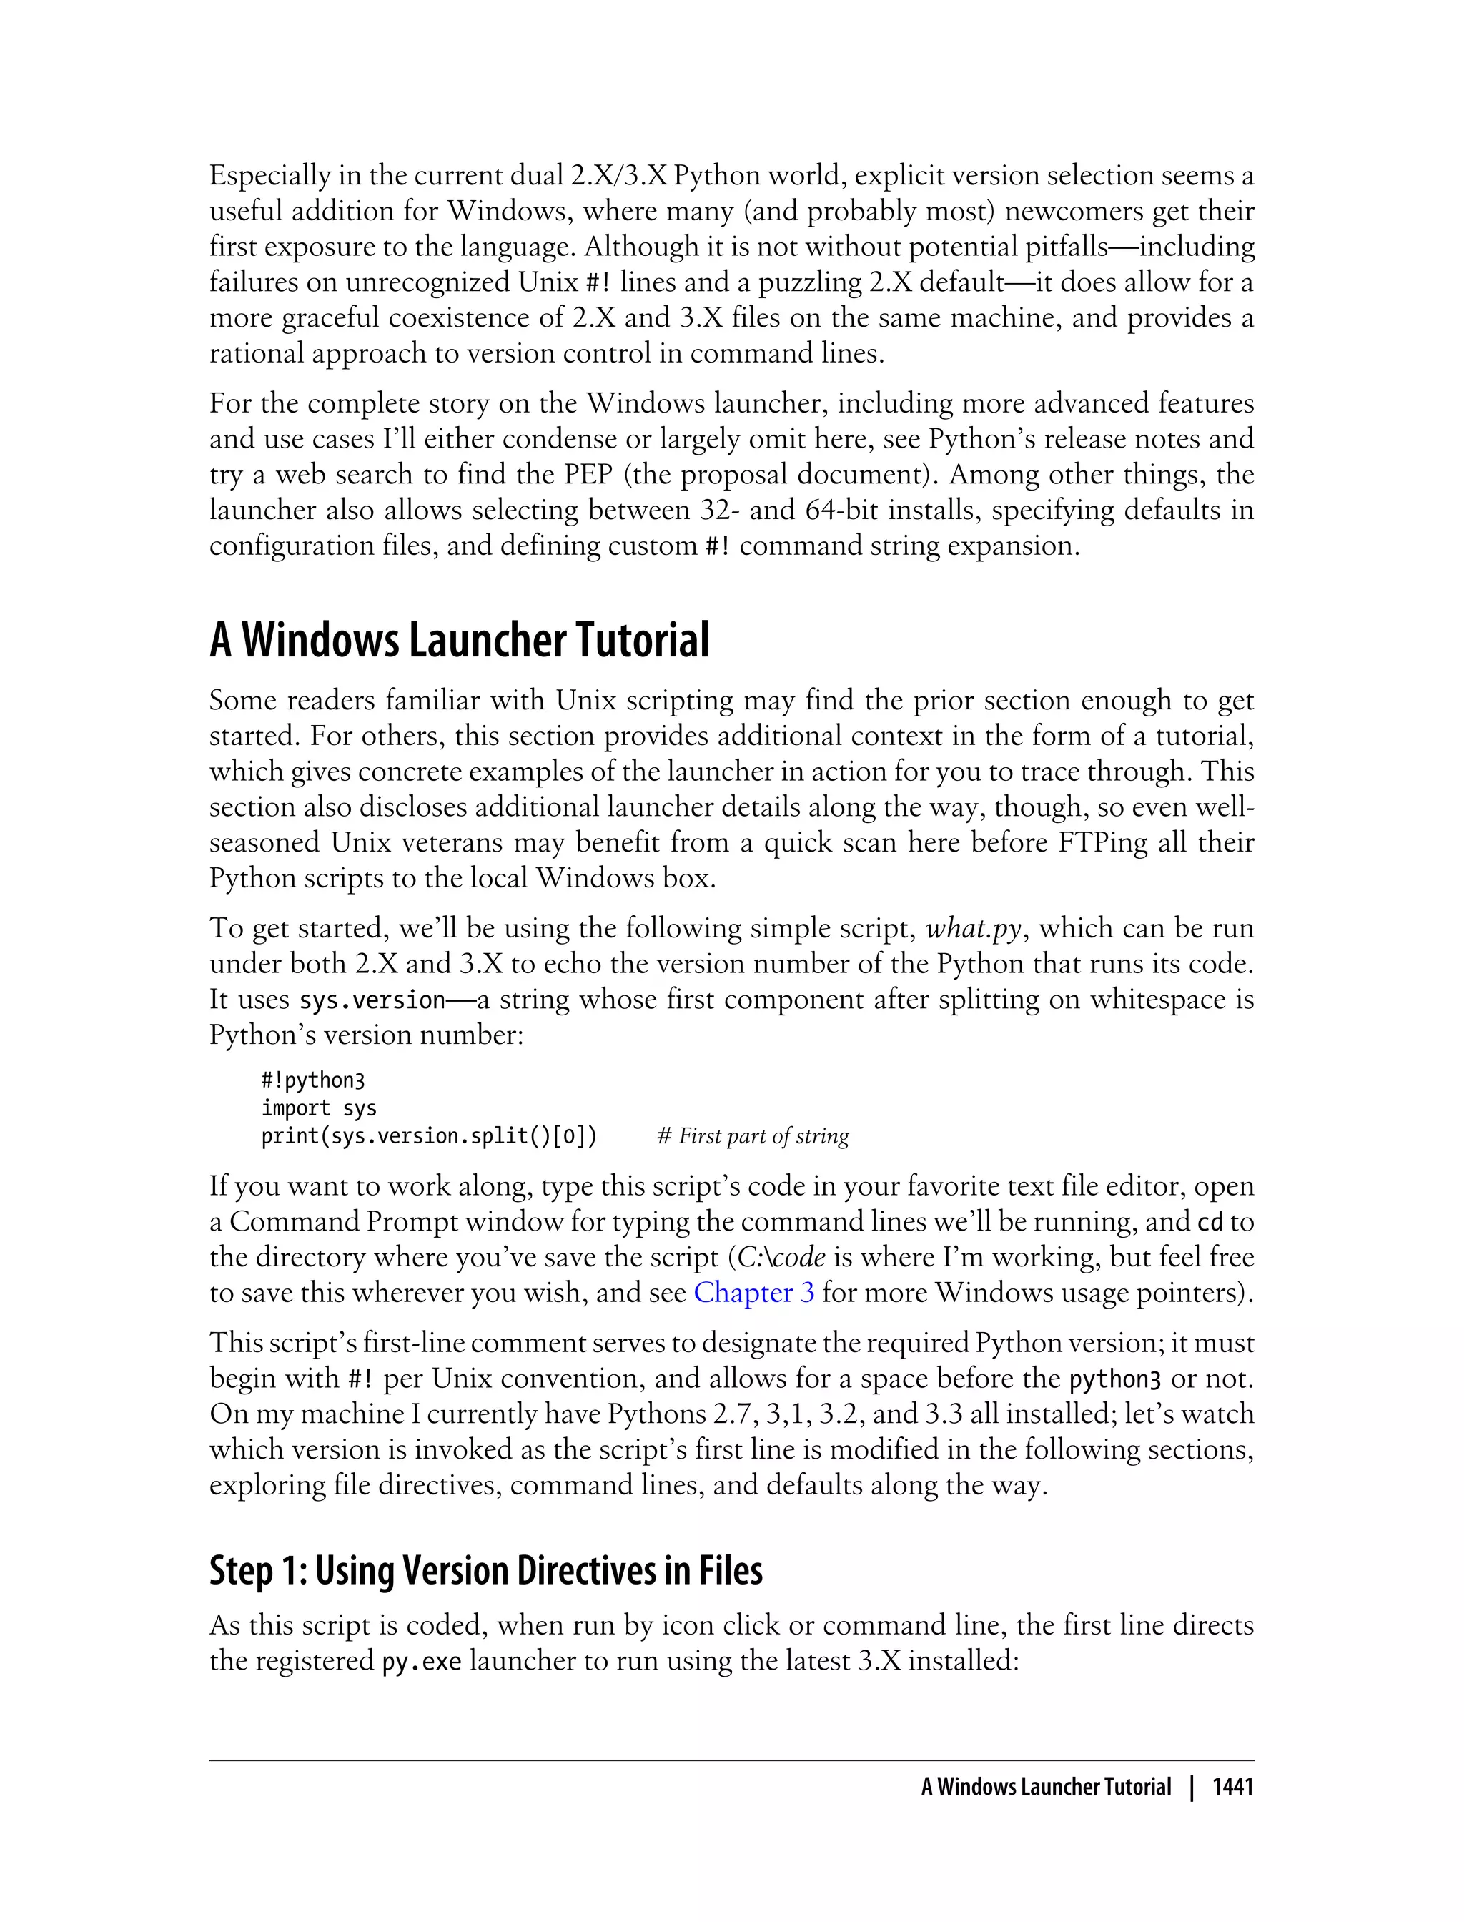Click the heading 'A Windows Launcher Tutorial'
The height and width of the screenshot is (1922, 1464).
click(459, 641)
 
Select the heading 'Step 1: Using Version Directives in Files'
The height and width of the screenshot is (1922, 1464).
click(485, 1570)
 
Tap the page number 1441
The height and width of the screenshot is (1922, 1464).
click(1233, 1787)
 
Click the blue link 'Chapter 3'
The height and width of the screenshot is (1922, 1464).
click(753, 1292)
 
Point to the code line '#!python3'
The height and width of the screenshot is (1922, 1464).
click(313, 1081)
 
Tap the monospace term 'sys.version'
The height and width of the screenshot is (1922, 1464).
click(372, 1000)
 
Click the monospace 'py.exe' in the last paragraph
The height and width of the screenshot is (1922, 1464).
click(422, 1662)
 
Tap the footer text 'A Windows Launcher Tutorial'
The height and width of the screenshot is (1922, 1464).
click(1046, 1787)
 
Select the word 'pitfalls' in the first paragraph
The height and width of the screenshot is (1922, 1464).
click(1054, 247)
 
